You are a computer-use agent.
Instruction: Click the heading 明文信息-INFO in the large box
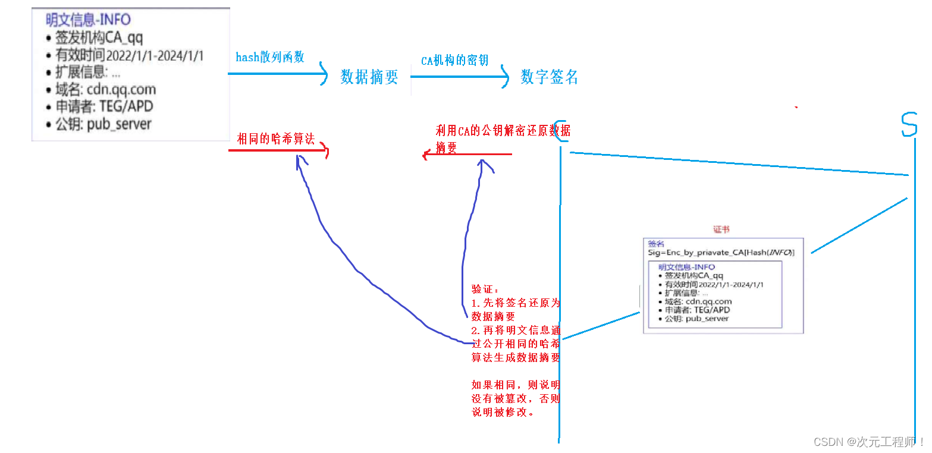coord(88,21)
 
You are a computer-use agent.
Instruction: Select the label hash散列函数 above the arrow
coord(270,57)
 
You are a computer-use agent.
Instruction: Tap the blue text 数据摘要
coord(369,77)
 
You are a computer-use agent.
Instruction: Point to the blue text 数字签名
coord(549,77)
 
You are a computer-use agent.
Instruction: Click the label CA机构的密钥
coord(454,60)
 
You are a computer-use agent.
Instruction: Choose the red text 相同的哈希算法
coord(275,139)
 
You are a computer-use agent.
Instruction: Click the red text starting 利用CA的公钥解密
coord(503,131)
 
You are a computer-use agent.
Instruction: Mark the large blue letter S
coord(909,124)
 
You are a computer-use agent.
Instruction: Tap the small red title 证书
coord(721,229)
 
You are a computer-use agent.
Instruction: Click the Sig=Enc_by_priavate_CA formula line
coord(721,252)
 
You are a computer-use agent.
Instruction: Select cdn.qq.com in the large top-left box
coord(121,90)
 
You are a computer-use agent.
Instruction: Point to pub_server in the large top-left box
coord(119,124)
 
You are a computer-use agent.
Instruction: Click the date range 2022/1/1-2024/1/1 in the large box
coord(155,56)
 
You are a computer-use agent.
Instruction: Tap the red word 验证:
coord(485,289)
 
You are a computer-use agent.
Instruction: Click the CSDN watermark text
coord(868,442)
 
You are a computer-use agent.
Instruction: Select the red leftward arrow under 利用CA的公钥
coord(467,155)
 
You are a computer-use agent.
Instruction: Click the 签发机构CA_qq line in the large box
coord(99,38)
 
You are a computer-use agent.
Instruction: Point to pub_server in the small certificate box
coord(707,319)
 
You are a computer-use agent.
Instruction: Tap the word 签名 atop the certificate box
coord(656,244)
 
